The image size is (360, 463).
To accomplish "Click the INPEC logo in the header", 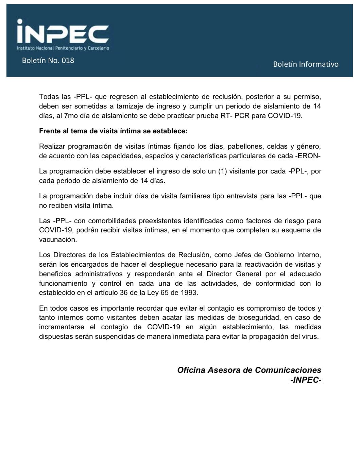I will pos(63,32).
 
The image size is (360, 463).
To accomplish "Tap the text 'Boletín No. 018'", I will pos(48,61).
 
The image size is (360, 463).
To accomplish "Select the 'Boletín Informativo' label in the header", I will pos(306,64).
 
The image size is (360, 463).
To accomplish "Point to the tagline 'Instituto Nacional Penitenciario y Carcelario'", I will pos(63,48).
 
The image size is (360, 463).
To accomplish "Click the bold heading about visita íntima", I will pos(113,131).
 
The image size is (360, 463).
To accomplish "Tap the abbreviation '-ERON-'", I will pos(309,156).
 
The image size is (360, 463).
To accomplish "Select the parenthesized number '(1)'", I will pos(222,171).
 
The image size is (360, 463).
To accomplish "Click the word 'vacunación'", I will pos(58,239).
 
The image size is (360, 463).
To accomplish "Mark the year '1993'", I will pos(189,293).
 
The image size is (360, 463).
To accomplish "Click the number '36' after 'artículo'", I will pos(124,293).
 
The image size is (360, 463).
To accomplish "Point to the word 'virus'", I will pos(309,337).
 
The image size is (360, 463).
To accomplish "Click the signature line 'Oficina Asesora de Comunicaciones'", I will pos(249,370).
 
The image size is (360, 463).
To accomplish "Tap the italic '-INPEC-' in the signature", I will pos(306,380).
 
